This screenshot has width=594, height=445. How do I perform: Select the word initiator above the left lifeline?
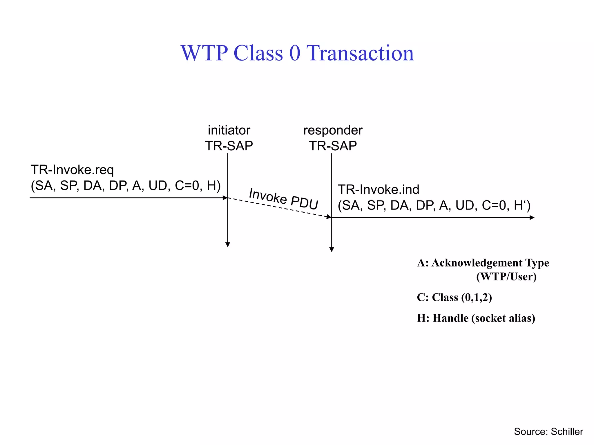pos(229,130)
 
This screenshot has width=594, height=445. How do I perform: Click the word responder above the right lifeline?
pos(333,130)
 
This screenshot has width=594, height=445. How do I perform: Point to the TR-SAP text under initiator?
pos(229,146)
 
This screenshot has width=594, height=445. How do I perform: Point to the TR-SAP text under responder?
pos(333,146)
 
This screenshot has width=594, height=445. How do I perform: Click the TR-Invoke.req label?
pos(72,170)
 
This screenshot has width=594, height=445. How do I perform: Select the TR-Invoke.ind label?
pos(379,189)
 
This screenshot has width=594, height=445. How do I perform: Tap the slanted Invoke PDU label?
pos(284,199)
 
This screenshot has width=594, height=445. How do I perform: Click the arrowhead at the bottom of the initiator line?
pos(228,245)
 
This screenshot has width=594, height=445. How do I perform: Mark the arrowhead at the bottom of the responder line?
pos(332,249)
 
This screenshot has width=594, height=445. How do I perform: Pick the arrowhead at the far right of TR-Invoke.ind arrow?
pos(532,218)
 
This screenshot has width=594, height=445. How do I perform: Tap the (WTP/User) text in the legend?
pos(506,277)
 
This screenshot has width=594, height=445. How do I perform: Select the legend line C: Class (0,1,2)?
pos(454,298)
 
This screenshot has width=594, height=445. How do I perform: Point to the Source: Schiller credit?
pos(548,431)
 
